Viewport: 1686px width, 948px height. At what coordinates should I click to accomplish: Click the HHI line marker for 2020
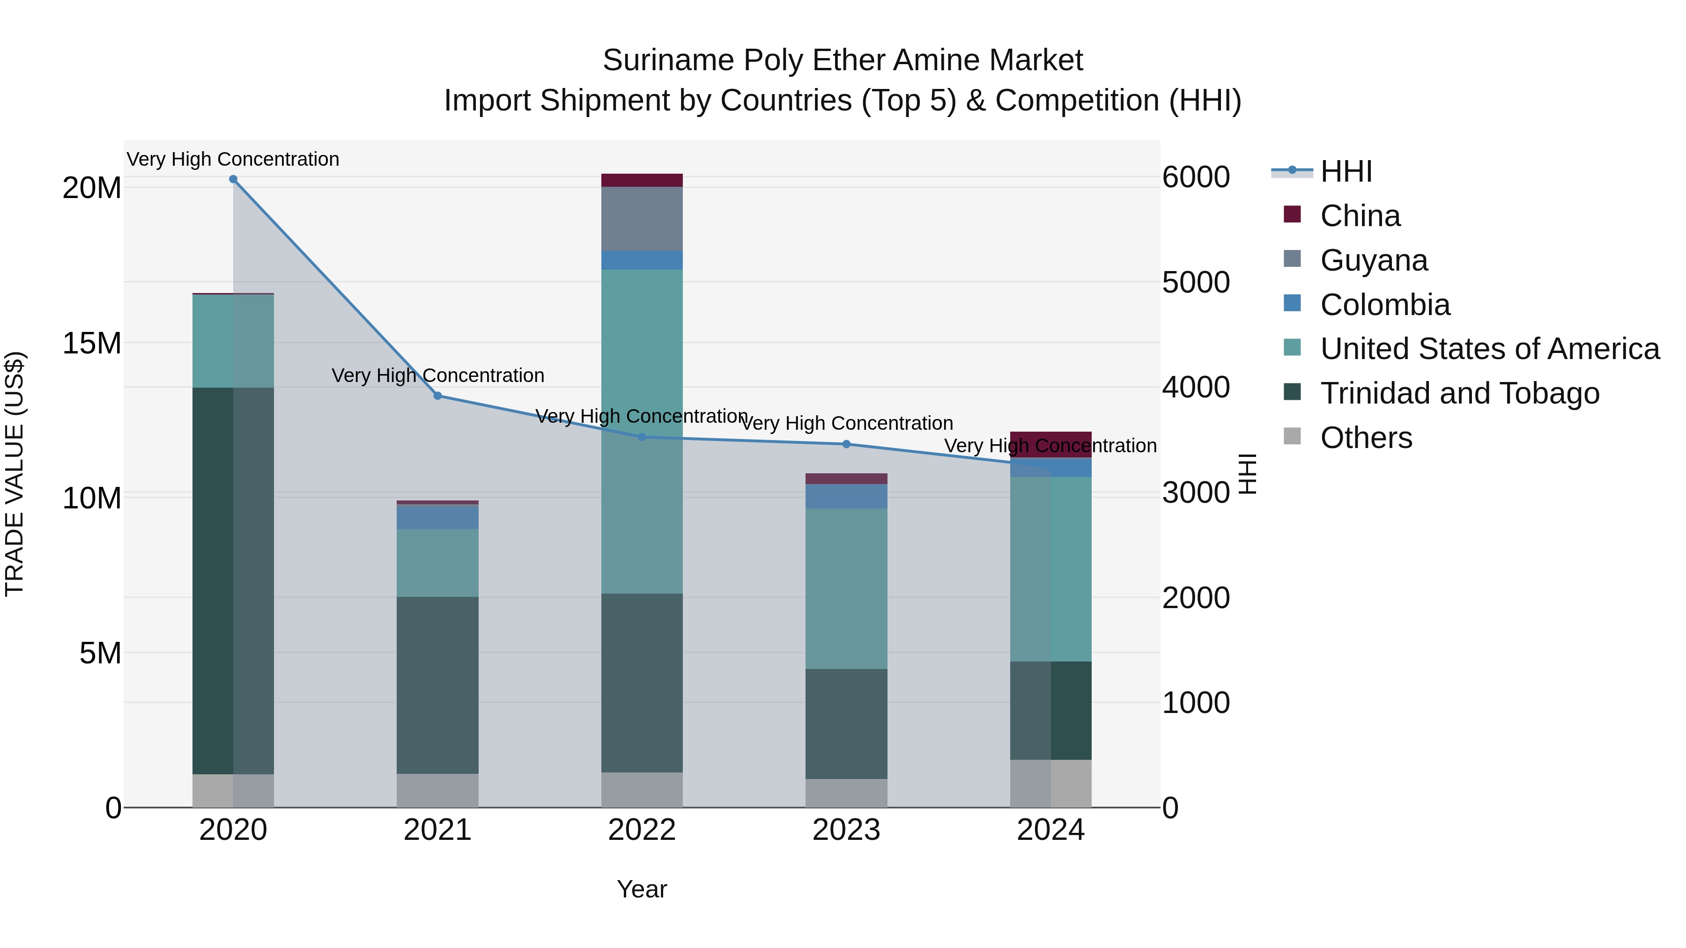tap(233, 179)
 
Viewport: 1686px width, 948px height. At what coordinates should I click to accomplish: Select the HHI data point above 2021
tap(438, 396)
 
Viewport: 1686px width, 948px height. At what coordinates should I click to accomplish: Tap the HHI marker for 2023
tap(846, 444)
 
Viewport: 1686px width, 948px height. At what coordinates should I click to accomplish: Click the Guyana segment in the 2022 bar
tap(642, 219)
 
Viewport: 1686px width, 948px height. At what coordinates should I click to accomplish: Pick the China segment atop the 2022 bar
tap(642, 180)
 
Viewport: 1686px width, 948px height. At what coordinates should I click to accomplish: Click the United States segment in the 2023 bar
tap(846, 589)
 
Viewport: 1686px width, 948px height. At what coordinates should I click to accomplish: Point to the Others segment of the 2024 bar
tap(1050, 783)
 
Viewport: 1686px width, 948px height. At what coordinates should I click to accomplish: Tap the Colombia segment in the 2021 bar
tap(437, 517)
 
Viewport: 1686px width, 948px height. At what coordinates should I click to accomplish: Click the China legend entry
tap(1360, 216)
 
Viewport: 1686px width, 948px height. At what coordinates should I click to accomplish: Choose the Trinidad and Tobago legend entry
tap(1459, 393)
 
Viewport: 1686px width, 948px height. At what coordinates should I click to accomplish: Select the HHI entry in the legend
tap(1346, 171)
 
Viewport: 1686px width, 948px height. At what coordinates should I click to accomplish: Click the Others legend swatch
tap(1292, 436)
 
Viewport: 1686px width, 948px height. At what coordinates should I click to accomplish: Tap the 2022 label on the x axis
tap(642, 830)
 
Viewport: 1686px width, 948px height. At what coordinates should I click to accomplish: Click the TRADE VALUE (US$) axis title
tap(15, 474)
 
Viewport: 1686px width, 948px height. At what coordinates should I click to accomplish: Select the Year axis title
tap(642, 889)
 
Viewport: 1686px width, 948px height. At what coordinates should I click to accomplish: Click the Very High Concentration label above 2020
tap(233, 160)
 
